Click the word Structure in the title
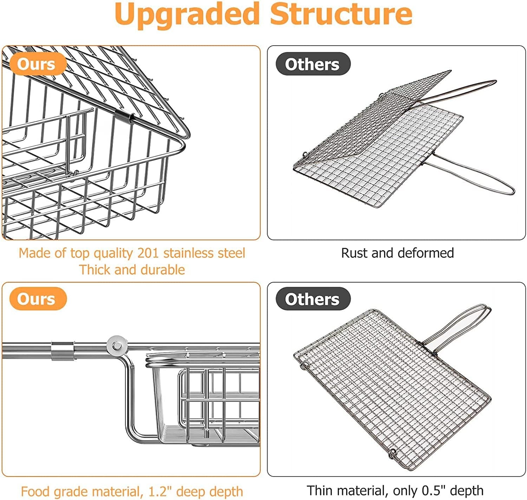(341, 14)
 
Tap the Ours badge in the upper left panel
(37, 64)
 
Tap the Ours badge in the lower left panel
(37, 299)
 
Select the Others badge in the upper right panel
(312, 64)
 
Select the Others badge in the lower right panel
(312, 299)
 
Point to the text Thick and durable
(132, 270)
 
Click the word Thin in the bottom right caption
(320, 491)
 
